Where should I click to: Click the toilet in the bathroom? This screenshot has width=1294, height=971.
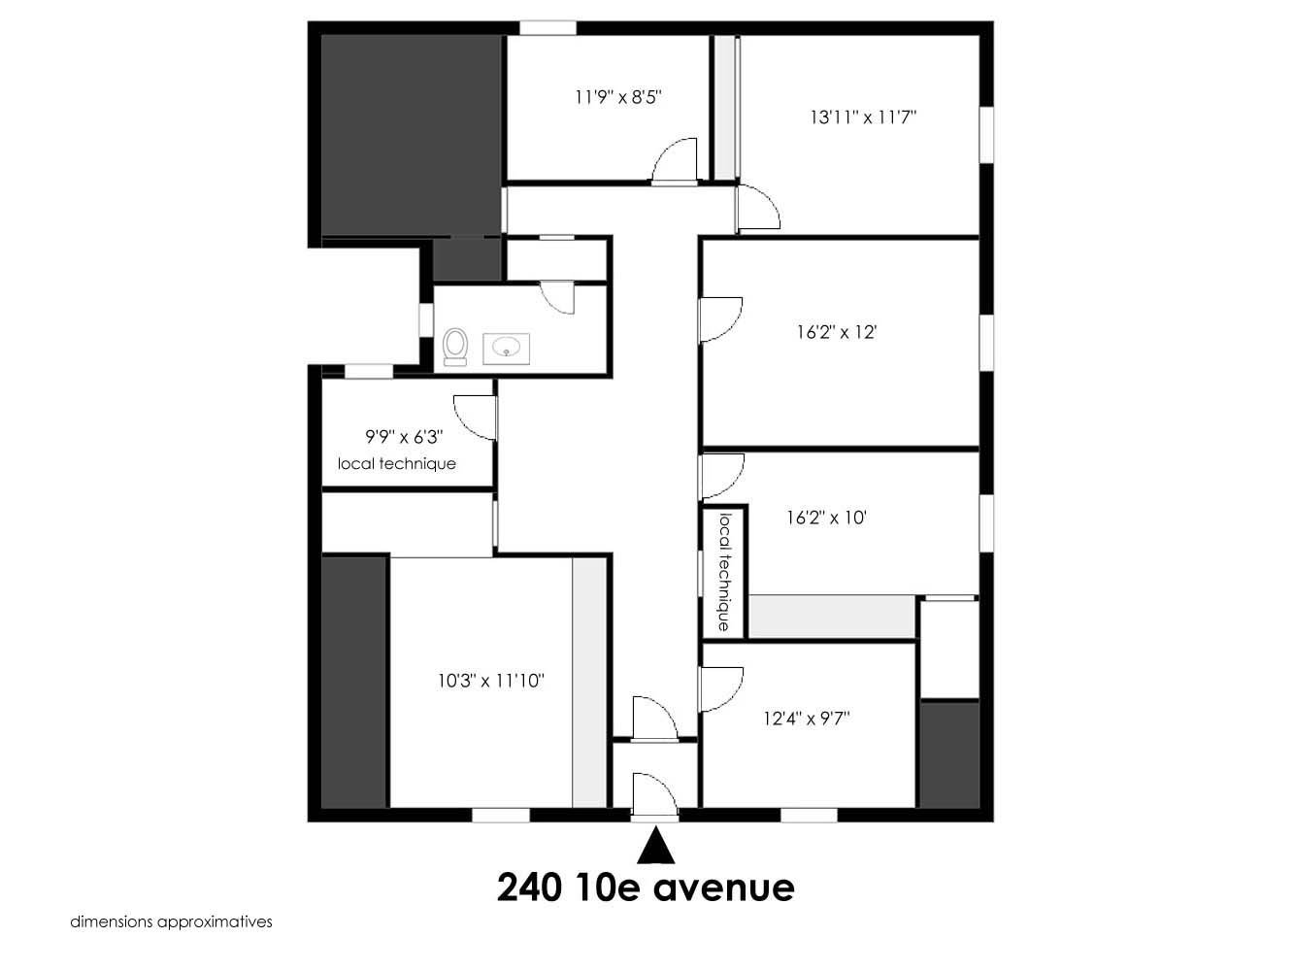click(x=454, y=348)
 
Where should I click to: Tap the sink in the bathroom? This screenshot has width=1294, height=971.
click(x=506, y=349)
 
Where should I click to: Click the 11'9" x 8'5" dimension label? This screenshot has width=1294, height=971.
click(x=618, y=97)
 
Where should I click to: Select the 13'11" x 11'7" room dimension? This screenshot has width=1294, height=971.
click(x=863, y=117)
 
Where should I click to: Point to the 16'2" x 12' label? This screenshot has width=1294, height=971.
click(x=837, y=332)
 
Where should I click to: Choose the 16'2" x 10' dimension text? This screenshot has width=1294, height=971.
click(x=826, y=518)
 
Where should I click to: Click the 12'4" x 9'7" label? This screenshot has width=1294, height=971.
click(x=807, y=719)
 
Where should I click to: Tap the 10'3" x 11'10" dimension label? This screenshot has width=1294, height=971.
click(x=490, y=681)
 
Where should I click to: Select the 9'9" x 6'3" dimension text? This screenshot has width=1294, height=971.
click(x=404, y=437)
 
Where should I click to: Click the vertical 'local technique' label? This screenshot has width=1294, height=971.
click(x=725, y=572)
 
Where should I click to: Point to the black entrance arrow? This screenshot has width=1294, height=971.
click(x=655, y=846)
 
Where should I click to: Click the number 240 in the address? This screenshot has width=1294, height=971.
click(x=528, y=887)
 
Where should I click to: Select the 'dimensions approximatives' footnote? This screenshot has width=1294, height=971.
click(x=171, y=922)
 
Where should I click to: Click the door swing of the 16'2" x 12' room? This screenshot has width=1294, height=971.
click(x=721, y=320)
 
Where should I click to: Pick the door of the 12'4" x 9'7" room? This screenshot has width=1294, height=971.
click(x=721, y=689)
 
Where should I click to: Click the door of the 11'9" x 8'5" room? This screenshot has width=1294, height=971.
click(x=675, y=160)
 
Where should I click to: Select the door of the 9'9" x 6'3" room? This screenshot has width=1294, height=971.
click(x=475, y=418)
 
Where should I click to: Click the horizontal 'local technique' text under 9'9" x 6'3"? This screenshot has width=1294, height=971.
click(x=397, y=464)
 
